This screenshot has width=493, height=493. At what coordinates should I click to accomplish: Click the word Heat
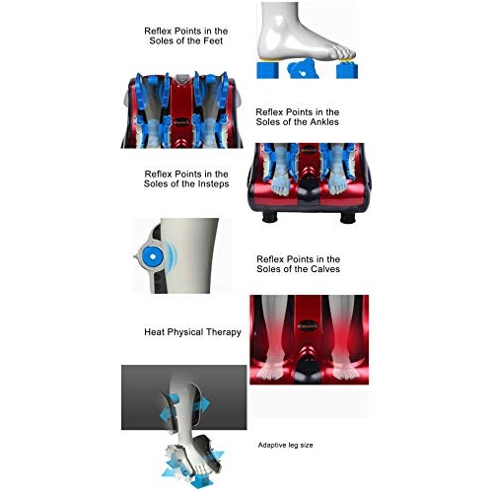tap(158, 332)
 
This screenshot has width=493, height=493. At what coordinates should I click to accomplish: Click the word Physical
tap(188, 332)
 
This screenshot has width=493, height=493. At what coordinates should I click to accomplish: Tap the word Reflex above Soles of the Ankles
tap(271, 112)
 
